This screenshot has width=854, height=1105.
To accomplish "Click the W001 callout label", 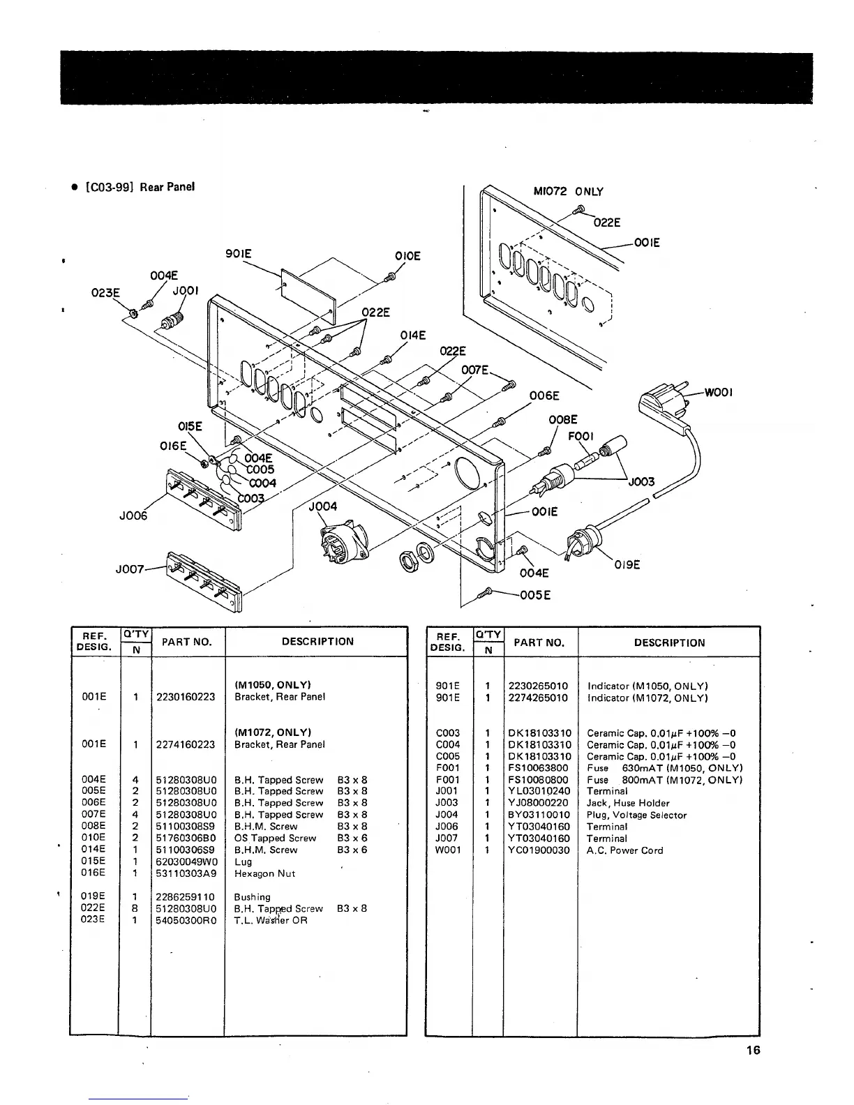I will (x=718, y=393).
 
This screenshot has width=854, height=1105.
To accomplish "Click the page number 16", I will (x=752, y=1051).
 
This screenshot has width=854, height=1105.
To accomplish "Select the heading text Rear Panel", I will (x=167, y=187).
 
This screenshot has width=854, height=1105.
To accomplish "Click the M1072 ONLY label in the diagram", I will (x=568, y=192).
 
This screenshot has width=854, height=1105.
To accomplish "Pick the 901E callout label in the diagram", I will (x=238, y=255).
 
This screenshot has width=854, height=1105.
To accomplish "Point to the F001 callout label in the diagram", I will (x=580, y=436).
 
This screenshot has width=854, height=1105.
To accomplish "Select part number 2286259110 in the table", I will (x=186, y=897).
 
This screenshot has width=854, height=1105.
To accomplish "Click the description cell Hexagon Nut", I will (x=264, y=873).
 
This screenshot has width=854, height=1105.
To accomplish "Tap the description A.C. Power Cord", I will (x=625, y=850).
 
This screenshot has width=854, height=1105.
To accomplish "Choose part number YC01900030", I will (x=539, y=850).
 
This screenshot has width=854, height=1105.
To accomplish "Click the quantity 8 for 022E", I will (x=135, y=909).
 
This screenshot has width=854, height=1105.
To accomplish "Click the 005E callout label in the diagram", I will (x=537, y=595).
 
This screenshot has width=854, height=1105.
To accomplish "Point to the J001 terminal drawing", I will (x=170, y=322).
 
